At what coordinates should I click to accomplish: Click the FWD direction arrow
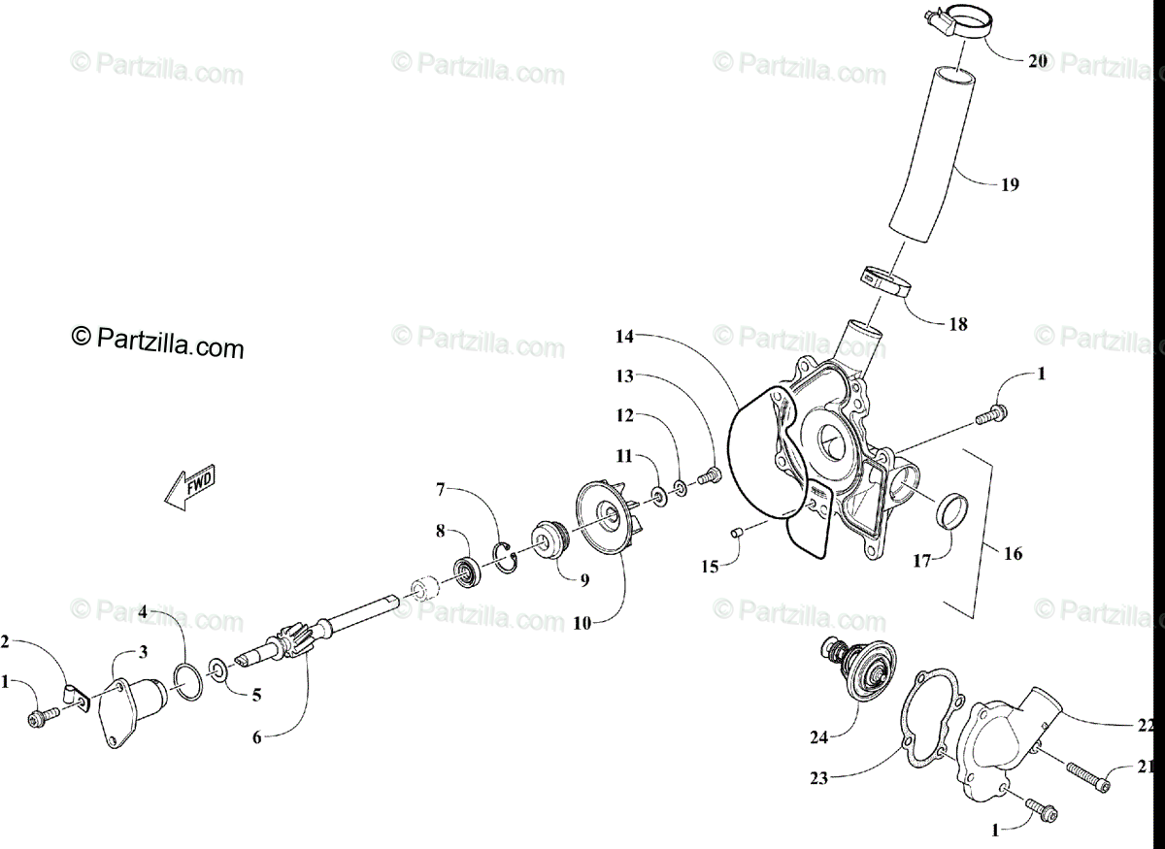pos(190,488)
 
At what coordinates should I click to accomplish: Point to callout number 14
pos(623,337)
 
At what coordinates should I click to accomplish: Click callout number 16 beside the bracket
pos(1013,555)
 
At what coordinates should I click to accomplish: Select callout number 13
pos(623,376)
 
